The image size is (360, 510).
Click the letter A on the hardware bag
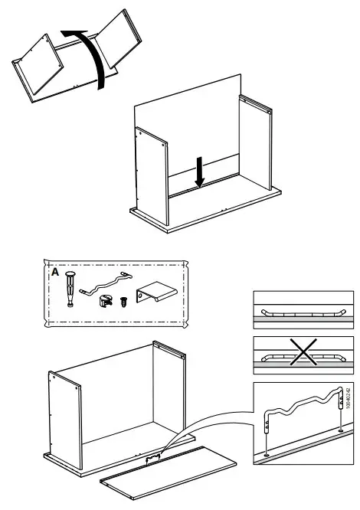[54, 272]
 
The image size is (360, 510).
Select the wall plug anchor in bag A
[70, 289]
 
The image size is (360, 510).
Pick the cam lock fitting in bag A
[104, 300]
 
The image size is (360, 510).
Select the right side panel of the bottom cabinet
[169, 391]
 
